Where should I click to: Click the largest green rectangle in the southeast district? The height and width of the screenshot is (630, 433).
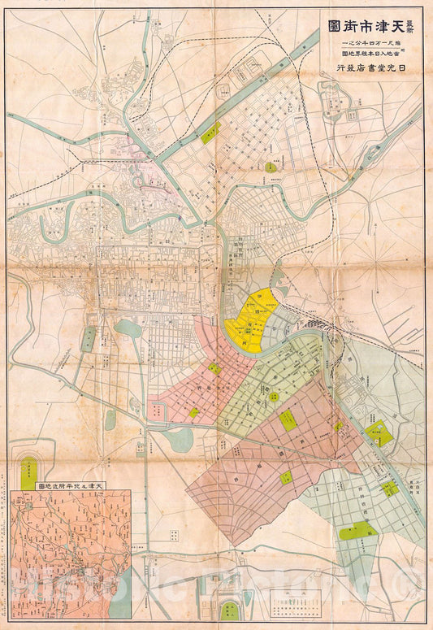[x=358, y=532]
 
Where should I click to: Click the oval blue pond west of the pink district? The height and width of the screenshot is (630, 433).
[x=127, y=328]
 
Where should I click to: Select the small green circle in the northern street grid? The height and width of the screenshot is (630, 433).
[x=270, y=167]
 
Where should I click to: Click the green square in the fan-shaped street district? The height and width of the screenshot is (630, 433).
[x=214, y=369]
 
